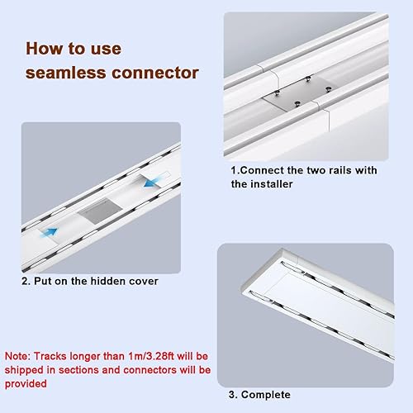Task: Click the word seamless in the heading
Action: click(x=66, y=73)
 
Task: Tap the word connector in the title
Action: click(x=155, y=73)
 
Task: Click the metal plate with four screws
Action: click(x=298, y=93)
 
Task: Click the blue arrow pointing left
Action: click(x=152, y=183)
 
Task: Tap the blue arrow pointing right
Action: click(x=49, y=232)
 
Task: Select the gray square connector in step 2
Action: click(x=99, y=211)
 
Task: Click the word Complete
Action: click(x=266, y=395)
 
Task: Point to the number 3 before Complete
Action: click(x=232, y=395)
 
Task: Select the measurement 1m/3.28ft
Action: click(x=151, y=356)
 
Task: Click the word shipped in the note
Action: click(x=24, y=370)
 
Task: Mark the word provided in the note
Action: click(x=26, y=384)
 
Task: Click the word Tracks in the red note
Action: click(x=50, y=356)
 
